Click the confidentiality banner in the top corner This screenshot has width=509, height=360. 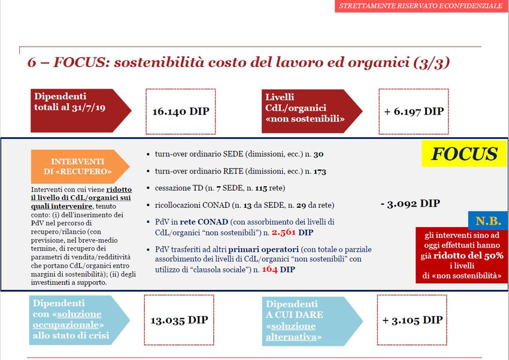click(x=422, y=6)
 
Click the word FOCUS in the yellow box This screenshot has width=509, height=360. click(x=464, y=154)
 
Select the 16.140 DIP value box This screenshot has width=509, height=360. click(x=180, y=111)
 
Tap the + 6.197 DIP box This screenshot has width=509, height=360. click(x=414, y=111)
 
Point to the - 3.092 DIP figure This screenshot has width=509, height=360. click(x=410, y=204)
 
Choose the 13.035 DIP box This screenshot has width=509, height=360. click(x=179, y=320)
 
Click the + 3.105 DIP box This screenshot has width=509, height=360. click(x=412, y=320)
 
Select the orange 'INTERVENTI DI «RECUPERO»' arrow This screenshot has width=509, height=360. click(x=80, y=167)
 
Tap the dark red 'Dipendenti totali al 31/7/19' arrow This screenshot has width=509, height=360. click(x=81, y=110)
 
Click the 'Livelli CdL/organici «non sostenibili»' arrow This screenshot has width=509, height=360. click(x=312, y=111)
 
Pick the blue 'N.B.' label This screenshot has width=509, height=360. click(x=488, y=221)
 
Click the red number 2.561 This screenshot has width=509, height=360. click(x=284, y=232)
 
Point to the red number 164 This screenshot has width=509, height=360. click(x=269, y=270)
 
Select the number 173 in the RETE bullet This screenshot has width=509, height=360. click(x=320, y=171)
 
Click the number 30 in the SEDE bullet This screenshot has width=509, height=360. click(x=319, y=154)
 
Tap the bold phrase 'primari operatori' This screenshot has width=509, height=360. click(x=263, y=250)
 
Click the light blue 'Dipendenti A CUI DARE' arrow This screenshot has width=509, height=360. click(x=312, y=320)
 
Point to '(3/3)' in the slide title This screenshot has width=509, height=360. click(x=432, y=62)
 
